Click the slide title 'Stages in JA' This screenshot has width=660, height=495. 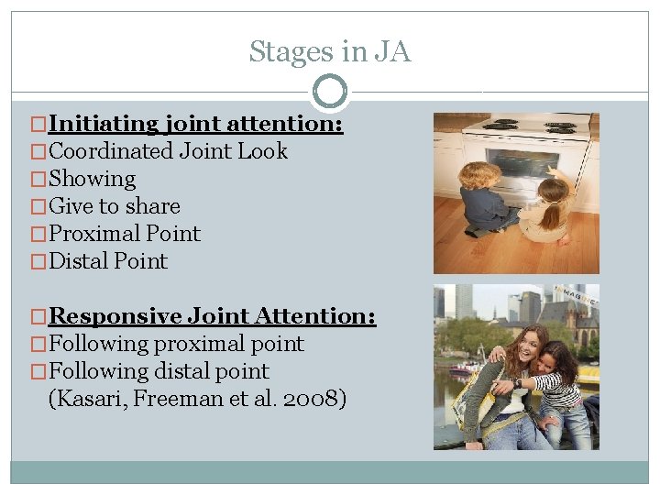point(330,52)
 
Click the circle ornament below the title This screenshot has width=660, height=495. point(330,92)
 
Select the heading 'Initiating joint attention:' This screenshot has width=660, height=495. point(195,124)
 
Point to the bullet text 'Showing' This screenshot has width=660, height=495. point(92,179)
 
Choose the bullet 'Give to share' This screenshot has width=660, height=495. point(114,206)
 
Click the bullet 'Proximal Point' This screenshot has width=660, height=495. point(124,234)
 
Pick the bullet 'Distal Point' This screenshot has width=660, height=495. point(108,261)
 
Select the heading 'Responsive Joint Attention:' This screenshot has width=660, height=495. point(212,316)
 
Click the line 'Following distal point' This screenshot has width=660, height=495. point(159,371)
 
